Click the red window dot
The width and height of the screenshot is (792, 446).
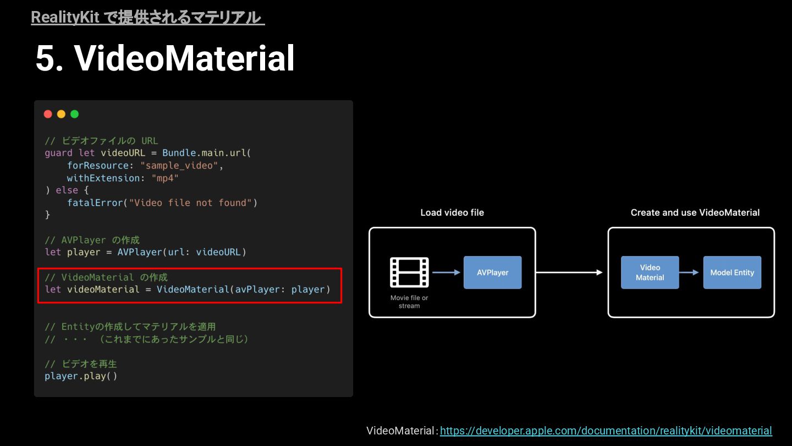48,114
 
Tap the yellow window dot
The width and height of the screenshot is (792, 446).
61,114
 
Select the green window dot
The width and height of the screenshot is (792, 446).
74,114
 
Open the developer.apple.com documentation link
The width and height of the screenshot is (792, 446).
606,431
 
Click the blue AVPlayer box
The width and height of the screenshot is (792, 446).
492,273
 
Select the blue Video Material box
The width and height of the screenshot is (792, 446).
650,273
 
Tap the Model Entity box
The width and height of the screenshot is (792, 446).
732,273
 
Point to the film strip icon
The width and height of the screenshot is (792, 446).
409,273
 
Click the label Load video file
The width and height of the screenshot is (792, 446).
452,213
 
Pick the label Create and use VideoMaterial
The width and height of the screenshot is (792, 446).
695,213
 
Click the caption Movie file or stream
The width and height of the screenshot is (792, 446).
409,302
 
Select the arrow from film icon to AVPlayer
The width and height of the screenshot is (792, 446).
446,272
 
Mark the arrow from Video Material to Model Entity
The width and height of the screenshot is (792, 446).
691,272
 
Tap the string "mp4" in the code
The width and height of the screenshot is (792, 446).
165,178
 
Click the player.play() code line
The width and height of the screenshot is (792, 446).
81,376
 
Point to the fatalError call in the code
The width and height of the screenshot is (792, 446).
94,203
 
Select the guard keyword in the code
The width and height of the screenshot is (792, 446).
58,153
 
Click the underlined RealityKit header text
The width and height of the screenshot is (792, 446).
147,18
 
